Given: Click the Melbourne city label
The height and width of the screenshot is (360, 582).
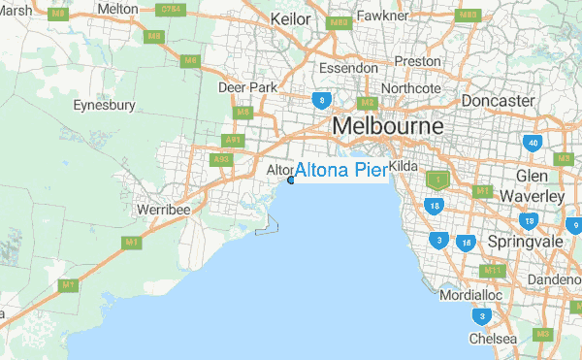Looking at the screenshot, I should pos(387,126).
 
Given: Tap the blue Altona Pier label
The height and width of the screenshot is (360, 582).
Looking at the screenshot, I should pos(339,171).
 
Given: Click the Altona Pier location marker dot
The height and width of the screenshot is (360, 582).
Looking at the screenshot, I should pos(291,180).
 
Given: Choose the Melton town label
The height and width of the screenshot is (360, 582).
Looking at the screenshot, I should pos(118,8).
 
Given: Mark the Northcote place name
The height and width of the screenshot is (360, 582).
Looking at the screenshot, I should pos(411,88).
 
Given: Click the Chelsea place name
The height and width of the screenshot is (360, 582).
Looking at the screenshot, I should pos(487,340).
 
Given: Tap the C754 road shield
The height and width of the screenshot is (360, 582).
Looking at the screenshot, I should pos(172,10).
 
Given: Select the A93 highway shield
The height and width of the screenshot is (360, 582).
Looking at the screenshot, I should pos(221,159).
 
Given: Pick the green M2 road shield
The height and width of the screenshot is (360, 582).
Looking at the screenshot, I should pos(367,103).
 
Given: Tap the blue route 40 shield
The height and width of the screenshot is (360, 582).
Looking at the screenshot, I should pos(532,143).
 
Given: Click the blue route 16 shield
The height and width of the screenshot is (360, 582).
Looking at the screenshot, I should pos(468,243).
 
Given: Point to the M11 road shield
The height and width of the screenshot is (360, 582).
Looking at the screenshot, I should pos(493,270).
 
